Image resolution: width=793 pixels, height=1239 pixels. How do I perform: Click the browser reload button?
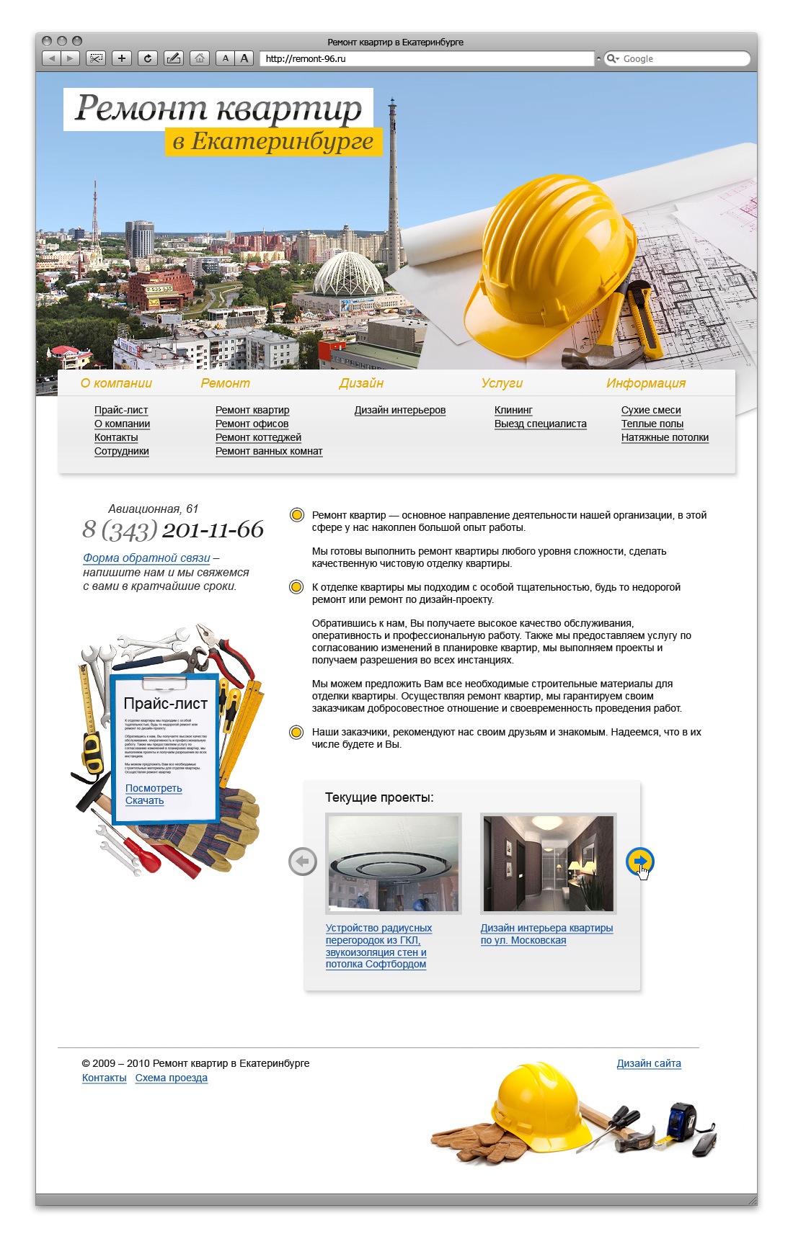148,58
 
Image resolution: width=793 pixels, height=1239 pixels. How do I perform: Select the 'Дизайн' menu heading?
361,383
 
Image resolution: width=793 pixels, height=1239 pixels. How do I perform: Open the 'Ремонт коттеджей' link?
258,437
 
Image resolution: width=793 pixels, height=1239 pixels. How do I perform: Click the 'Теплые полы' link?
652,424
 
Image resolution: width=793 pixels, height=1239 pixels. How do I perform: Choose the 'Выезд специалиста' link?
540,424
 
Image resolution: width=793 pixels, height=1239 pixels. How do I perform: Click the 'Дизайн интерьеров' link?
400,410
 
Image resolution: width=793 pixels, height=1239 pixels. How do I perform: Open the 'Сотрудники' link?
121,451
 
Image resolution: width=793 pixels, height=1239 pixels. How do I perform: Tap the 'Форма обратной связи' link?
146,558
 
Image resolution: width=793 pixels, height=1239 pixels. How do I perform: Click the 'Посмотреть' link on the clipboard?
154,788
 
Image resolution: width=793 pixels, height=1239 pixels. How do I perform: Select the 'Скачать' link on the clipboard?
144,800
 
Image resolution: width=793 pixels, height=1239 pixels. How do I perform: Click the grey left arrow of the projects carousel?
303,862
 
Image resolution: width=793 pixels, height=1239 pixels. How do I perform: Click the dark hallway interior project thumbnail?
548,863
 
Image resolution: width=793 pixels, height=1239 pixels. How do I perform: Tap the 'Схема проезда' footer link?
171,1078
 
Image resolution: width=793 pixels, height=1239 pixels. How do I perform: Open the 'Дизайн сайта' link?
649,1063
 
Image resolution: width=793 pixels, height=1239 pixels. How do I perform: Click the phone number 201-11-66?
213,529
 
